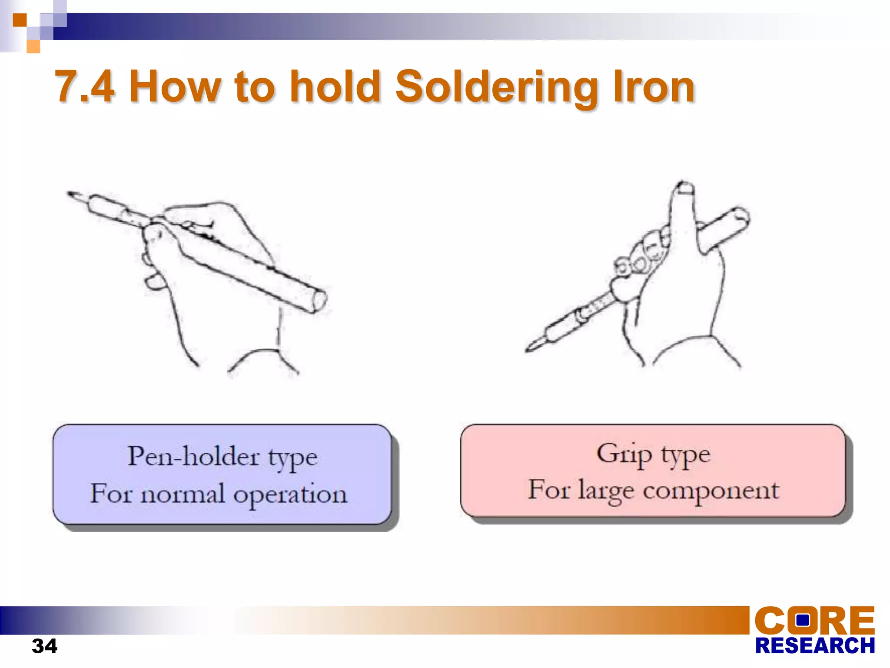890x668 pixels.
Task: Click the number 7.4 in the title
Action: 85,87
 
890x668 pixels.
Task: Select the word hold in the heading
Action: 335,87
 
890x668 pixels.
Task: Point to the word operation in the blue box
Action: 290,494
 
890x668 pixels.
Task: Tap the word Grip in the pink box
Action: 624,454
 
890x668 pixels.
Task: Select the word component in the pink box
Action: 711,491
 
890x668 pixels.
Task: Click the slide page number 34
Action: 44,646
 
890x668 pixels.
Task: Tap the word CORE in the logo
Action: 814,621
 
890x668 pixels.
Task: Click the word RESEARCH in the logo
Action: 815,646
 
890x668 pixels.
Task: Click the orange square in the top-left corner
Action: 20,20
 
